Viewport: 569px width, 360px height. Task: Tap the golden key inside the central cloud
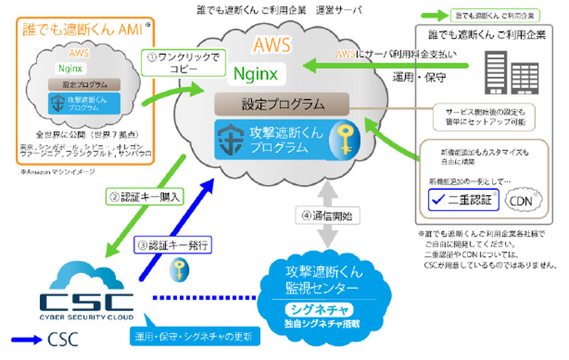click(345, 139)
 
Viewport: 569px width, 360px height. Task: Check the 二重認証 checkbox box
click(440, 200)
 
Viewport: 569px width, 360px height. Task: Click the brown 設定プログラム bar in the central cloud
click(282, 104)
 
